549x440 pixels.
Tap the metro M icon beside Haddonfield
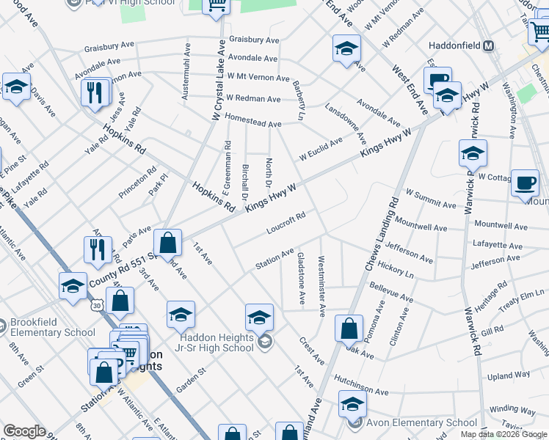[489, 45]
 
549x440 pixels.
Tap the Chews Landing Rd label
[381, 232]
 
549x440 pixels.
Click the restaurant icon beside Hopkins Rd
[96, 93]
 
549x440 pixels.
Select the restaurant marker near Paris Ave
[98, 251]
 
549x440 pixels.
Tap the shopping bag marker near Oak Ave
[350, 329]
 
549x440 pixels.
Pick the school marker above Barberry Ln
[346, 49]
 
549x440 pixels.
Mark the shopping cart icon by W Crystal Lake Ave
[217, 6]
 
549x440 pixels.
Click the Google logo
[24, 431]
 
